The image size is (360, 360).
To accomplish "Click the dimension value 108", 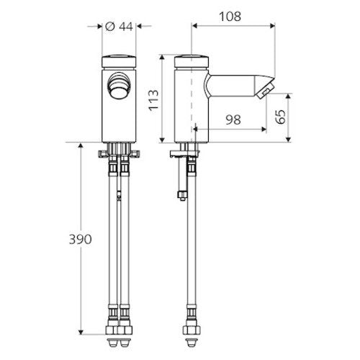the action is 230,17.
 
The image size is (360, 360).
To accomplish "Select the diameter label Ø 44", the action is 119,27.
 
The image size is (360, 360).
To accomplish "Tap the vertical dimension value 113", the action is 153,100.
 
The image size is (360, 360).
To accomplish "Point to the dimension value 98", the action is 233,120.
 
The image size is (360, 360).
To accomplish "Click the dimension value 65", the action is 280,117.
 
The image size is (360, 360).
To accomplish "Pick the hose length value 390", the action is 81,239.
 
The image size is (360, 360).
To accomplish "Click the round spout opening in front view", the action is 118,86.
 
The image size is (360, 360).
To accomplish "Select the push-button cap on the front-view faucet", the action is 119,61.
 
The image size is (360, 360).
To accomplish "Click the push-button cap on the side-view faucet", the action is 192,61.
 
